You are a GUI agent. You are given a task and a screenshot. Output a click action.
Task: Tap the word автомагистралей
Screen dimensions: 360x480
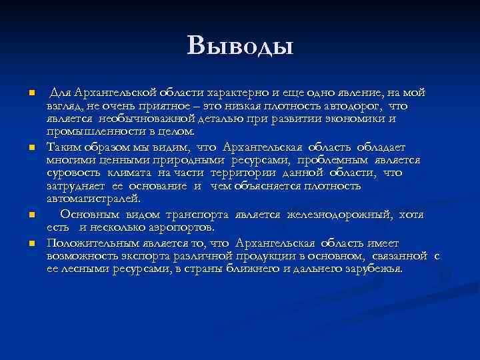(x=93, y=198)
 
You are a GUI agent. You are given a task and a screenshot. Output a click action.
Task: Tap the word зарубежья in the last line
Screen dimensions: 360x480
(x=371, y=268)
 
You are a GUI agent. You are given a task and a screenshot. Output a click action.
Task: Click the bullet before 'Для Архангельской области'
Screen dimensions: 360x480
(x=23, y=93)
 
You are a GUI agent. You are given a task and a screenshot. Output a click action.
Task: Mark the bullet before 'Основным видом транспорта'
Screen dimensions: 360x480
(x=23, y=215)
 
